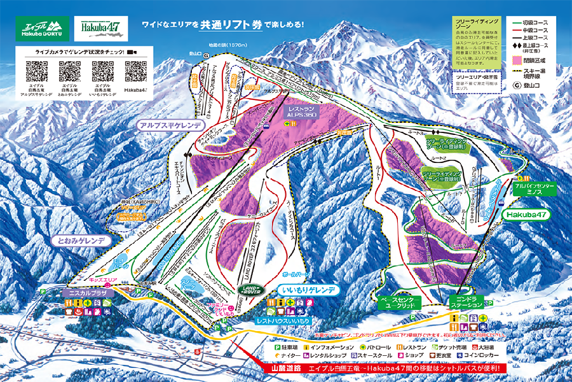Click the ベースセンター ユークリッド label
(x=399, y=302)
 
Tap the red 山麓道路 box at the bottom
(x=281, y=369)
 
